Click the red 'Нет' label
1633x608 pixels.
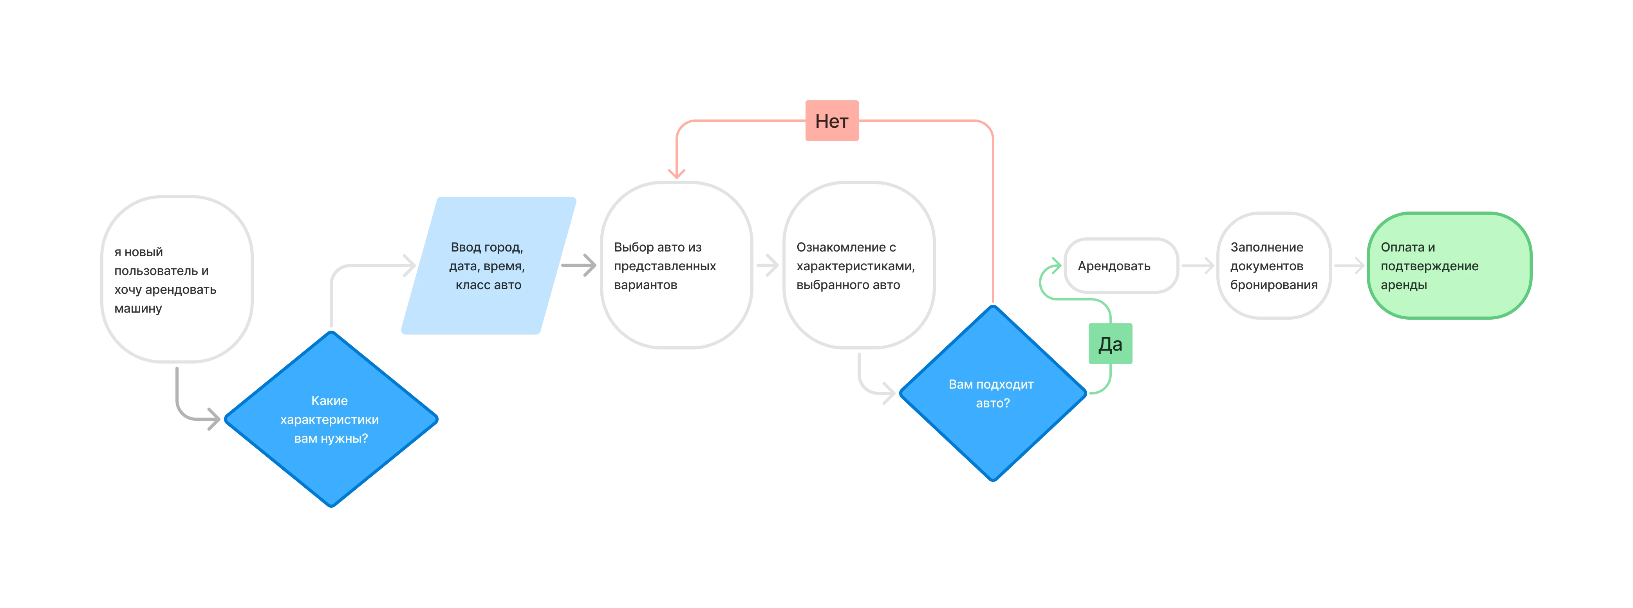pyautogui.click(x=832, y=120)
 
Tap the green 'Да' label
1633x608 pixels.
pyautogui.click(x=1110, y=344)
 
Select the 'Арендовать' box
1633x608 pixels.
pyautogui.click(x=1121, y=266)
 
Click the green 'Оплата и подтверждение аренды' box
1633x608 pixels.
pyautogui.click(x=1449, y=266)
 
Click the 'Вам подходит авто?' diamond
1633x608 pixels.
pyautogui.click(x=993, y=393)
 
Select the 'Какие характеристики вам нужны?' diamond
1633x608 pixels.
pyautogui.click(x=331, y=419)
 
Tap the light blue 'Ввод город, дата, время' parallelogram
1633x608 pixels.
pyautogui.click(x=488, y=266)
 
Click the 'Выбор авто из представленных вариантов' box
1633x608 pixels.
pyautogui.click(x=676, y=266)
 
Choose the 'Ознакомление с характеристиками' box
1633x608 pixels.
pyautogui.click(x=859, y=266)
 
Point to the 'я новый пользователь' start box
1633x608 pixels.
pyautogui.click(x=177, y=280)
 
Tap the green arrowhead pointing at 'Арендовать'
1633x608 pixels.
pyautogui.click(x=1055, y=265)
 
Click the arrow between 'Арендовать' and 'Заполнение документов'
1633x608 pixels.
pyautogui.click(x=1198, y=266)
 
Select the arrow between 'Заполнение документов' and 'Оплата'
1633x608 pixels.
pyautogui.click(x=1349, y=266)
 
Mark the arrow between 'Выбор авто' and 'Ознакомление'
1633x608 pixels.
pyautogui.click(x=768, y=266)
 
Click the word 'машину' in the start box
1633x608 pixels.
pyautogui.click(x=138, y=309)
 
